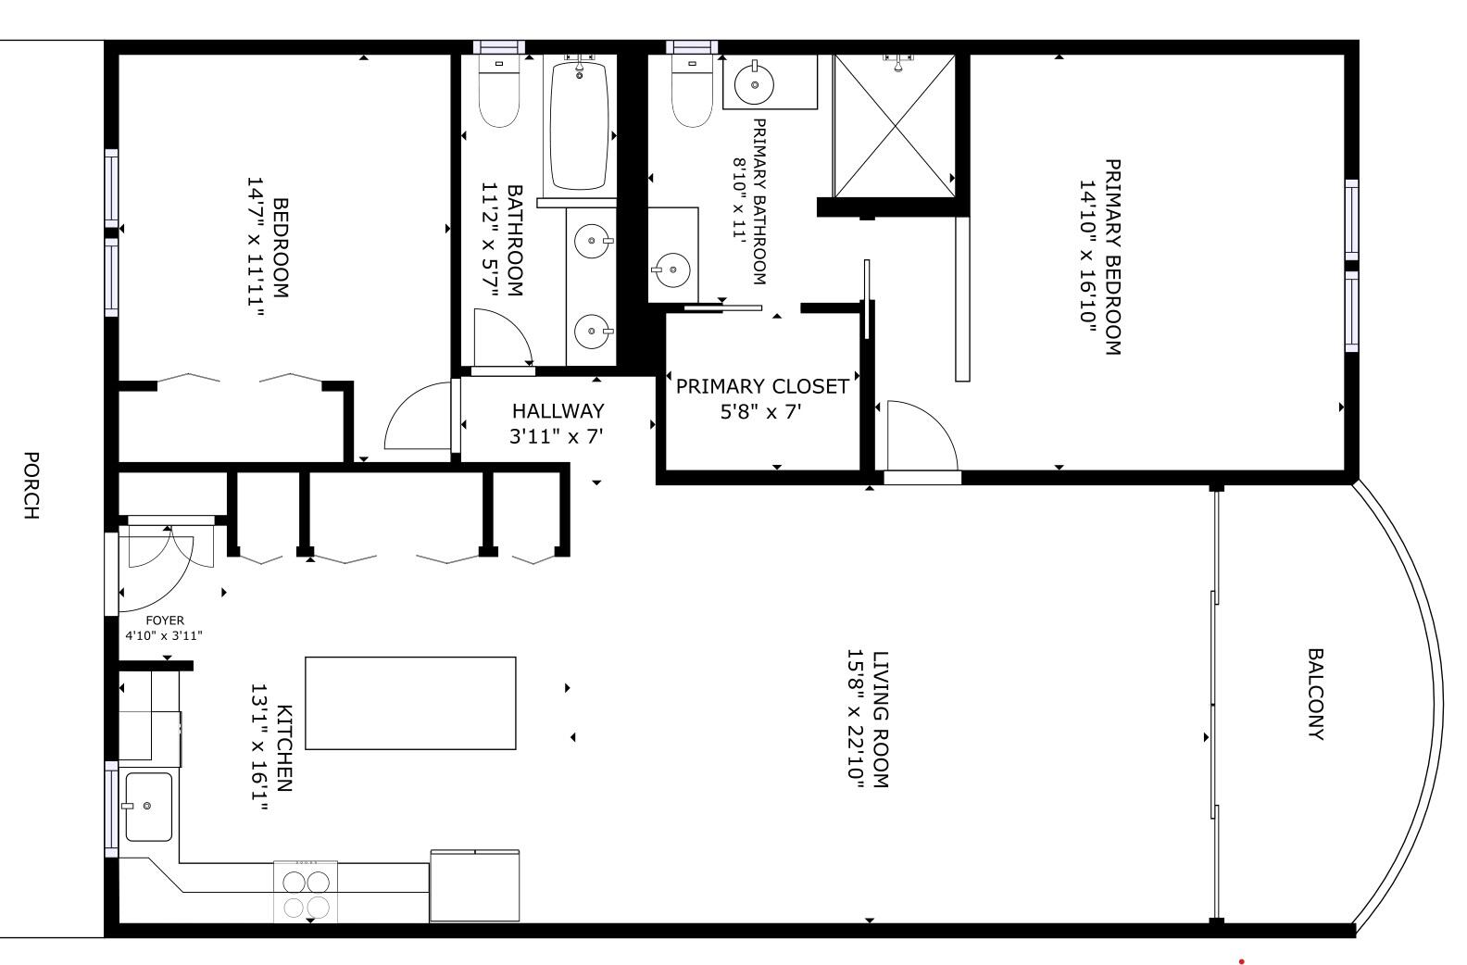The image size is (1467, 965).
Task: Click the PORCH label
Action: coord(31,485)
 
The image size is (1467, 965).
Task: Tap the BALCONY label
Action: coord(1314,695)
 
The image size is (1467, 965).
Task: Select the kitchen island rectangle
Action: coord(410,703)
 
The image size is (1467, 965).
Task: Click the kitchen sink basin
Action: coord(149,807)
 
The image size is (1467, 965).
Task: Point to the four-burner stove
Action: coord(306,892)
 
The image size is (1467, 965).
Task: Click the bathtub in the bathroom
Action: coord(579,125)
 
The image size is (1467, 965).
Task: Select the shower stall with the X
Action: coord(894,125)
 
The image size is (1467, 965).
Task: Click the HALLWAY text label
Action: coord(558,410)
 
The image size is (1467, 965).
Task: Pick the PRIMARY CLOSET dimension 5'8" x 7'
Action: coord(760,411)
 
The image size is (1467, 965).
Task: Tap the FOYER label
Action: coord(165,620)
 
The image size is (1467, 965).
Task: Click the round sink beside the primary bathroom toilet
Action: coord(755,84)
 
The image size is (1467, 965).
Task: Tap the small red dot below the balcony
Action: coord(1241,961)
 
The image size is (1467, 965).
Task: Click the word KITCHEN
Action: coord(284,748)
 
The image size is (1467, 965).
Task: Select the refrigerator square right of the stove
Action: coord(474,885)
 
